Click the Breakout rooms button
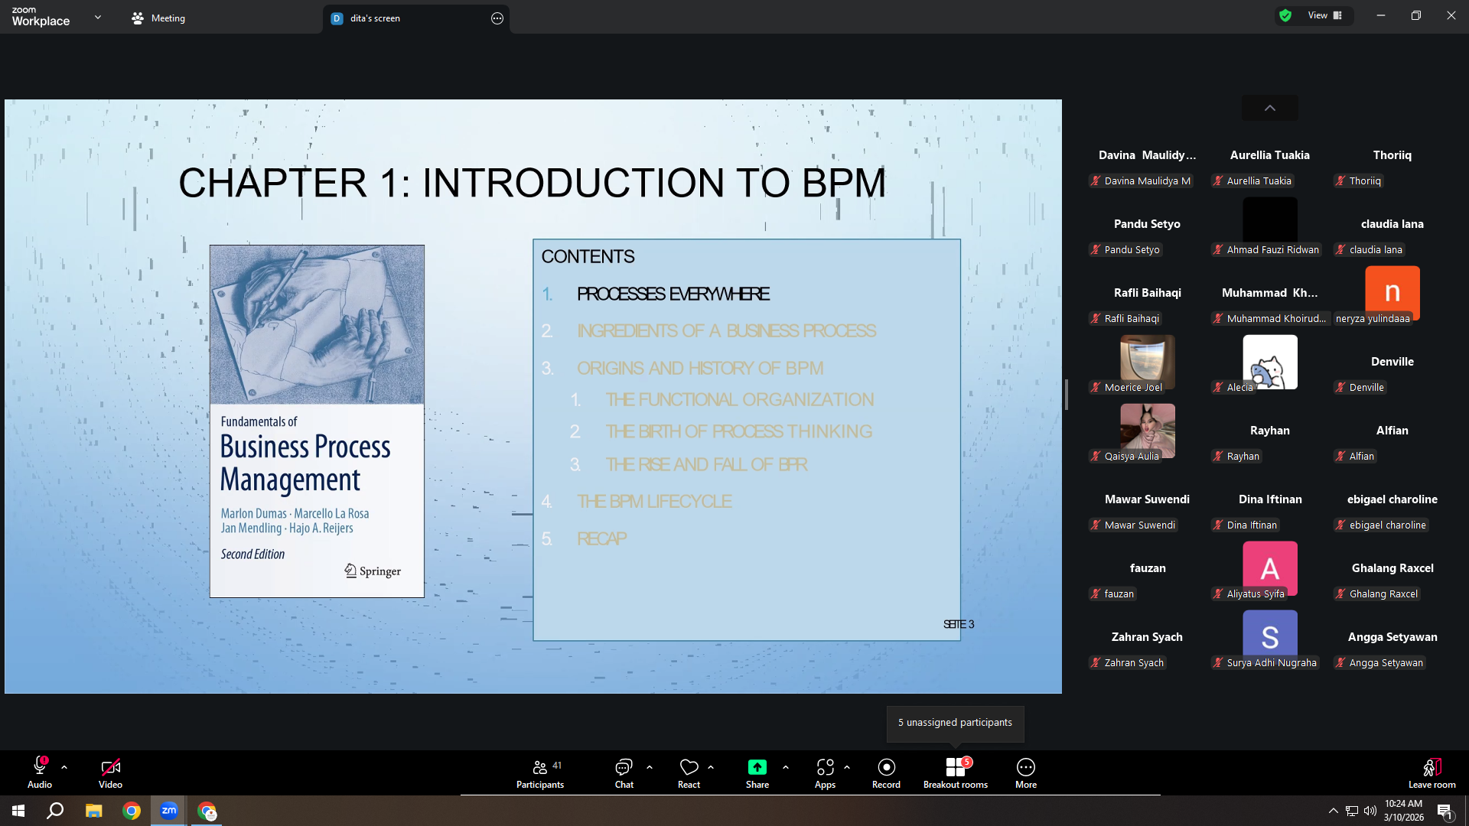[956, 772]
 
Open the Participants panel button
[540, 772]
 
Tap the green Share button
[757, 767]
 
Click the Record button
[886, 772]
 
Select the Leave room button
[1432, 772]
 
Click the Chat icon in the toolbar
[624, 767]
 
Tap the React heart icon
[689, 767]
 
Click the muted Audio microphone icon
[40, 766]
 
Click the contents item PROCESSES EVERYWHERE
[673, 294]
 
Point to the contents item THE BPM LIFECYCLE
[654, 501]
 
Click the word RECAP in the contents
[601, 538]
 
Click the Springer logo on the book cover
[373, 571]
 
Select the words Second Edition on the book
[252, 554]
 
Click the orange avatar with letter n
[1392, 291]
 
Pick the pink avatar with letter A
[1270, 567]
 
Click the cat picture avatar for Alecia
[1270, 362]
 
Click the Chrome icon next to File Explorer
[132, 811]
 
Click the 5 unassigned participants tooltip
[955, 723]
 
